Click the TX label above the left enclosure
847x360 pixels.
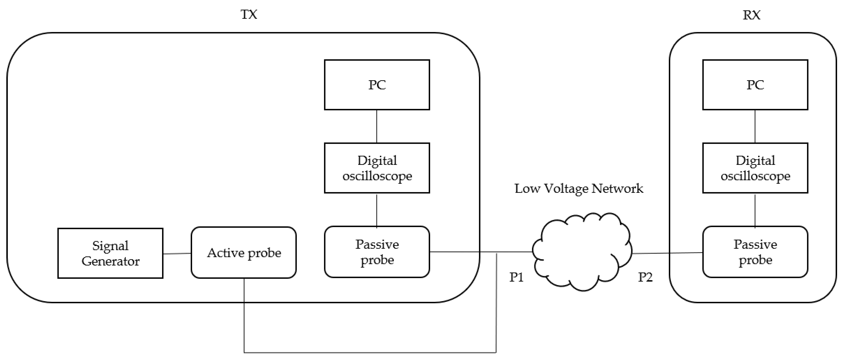click(x=249, y=14)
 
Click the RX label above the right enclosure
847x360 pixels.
click(x=751, y=15)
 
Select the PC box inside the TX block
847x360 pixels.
click(x=377, y=85)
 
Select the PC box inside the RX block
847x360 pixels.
click(x=755, y=85)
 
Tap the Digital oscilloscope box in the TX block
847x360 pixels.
click(x=377, y=168)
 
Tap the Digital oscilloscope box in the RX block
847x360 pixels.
click(x=755, y=168)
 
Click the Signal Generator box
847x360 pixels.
click(x=110, y=253)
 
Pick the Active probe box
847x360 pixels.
click(x=244, y=252)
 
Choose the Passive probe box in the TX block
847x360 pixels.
click(x=377, y=252)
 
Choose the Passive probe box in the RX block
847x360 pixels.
click(x=755, y=252)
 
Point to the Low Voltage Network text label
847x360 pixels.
click(x=579, y=188)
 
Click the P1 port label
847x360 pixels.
click(x=516, y=277)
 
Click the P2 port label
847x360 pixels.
click(x=645, y=277)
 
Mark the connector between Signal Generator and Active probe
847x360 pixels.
click(x=177, y=253)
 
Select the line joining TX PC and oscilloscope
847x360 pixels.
click(x=376, y=126)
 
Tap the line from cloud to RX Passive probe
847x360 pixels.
click(x=668, y=253)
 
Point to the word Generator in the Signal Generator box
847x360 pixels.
click(x=110, y=261)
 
